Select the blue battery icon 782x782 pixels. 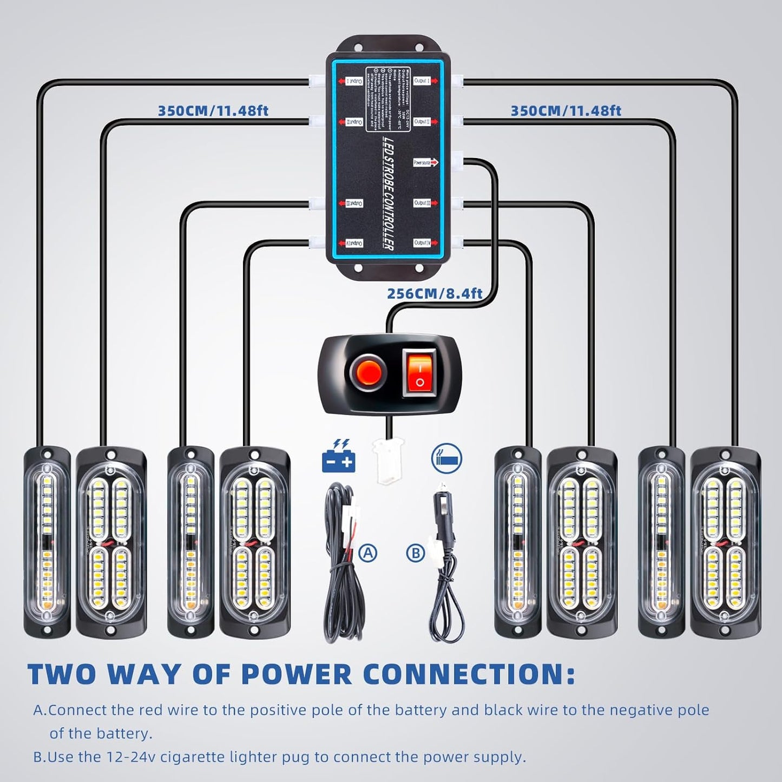point(338,457)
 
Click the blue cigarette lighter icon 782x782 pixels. point(446,457)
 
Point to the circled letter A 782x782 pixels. point(368,553)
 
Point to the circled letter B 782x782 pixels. point(416,553)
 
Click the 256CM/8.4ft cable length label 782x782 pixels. point(435,294)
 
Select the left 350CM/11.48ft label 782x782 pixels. point(213,111)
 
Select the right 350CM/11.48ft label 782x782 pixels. point(566,111)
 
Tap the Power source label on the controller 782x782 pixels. point(425,162)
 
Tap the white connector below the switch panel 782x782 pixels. point(388,462)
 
